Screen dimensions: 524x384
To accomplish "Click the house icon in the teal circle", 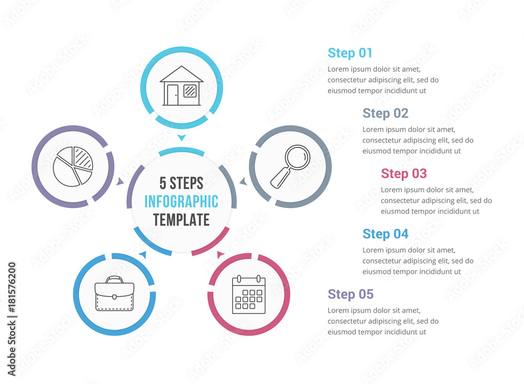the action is click(x=181, y=86).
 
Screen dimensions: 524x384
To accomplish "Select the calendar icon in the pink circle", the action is click(x=248, y=294).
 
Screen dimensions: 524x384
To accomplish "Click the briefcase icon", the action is click(x=114, y=293).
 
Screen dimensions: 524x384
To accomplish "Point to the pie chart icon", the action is click(x=73, y=167).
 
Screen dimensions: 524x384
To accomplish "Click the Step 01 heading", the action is click(x=350, y=53).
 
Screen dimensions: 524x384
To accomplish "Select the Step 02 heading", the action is click(x=385, y=113).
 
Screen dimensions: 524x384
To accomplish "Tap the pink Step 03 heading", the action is click(x=403, y=174).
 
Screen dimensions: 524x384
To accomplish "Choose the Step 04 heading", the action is click(x=385, y=234).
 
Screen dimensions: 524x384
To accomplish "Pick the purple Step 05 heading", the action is click(x=351, y=294).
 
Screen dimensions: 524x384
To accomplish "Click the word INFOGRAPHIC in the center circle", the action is click(x=181, y=202).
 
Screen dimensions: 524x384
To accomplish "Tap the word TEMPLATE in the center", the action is click(x=181, y=220).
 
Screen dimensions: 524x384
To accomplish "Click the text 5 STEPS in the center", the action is click(x=181, y=183).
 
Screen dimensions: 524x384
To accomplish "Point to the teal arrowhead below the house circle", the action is click(x=181, y=137).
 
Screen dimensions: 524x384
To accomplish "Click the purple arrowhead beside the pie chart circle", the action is click(x=119, y=181).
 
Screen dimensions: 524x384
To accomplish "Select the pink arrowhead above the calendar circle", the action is click(x=220, y=255).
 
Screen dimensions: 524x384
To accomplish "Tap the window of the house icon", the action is click(x=190, y=91).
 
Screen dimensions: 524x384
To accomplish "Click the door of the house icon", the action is click(x=173, y=95).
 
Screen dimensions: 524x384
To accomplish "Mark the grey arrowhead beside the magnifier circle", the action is click(x=244, y=181).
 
